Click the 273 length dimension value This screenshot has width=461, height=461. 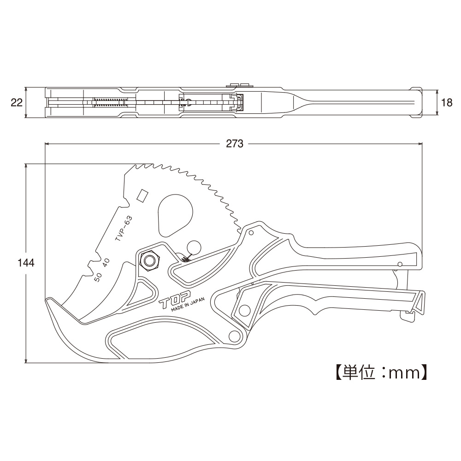point(235,143)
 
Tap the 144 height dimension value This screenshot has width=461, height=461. point(26,263)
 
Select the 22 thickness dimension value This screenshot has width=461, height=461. point(17,103)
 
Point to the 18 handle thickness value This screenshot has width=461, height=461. point(447,103)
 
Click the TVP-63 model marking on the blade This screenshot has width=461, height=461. point(124,229)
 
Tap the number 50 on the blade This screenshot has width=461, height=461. point(98,277)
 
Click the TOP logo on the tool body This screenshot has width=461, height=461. point(175,300)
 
